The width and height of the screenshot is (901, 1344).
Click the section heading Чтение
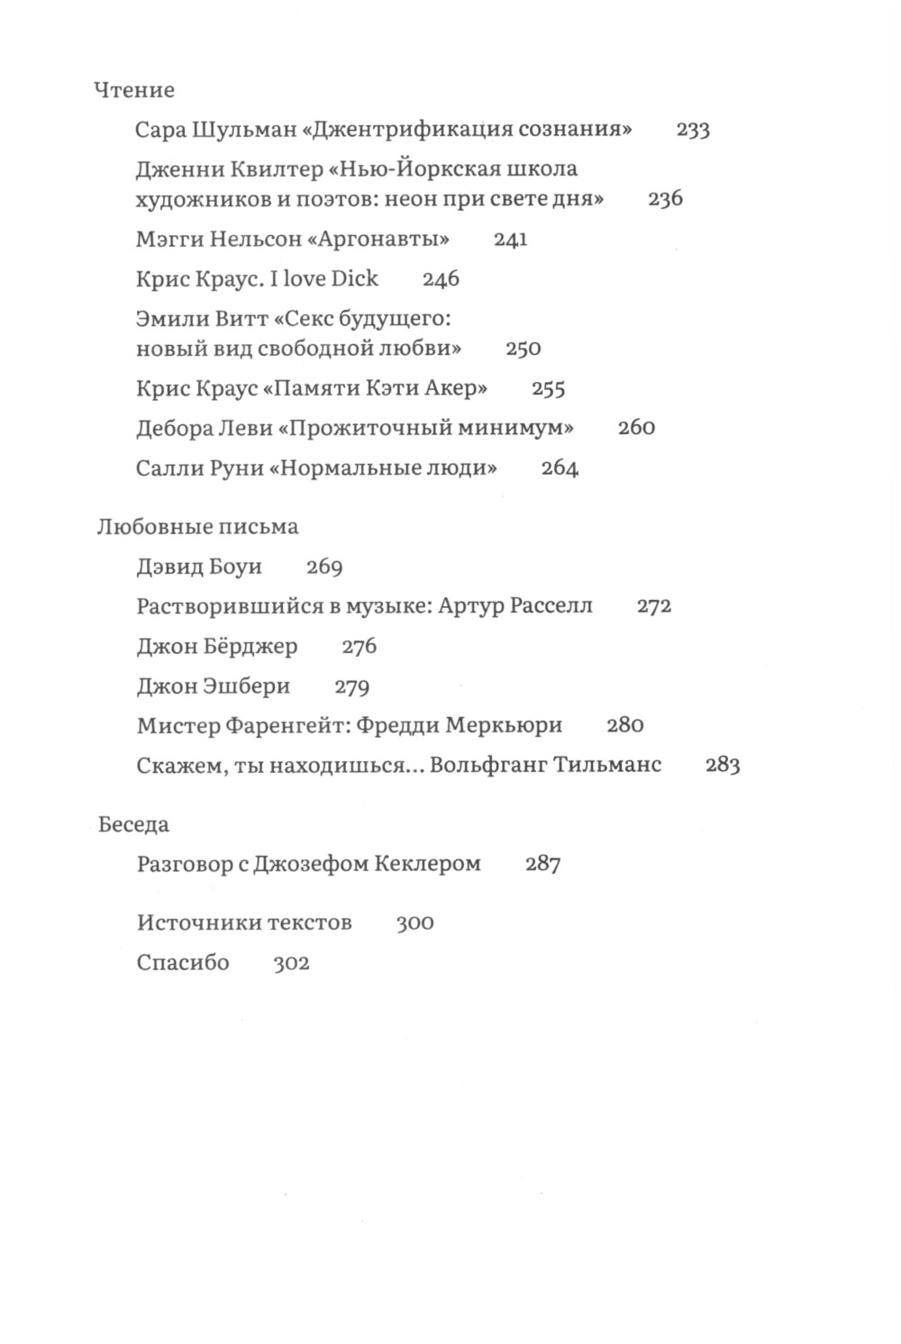pos(134,90)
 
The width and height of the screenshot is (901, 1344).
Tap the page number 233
pos(693,130)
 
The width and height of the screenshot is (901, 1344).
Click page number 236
pos(665,199)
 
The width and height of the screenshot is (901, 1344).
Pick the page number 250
pos(523,349)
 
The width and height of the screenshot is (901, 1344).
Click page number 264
pos(560,468)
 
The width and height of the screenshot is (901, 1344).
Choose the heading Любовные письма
pos(197,527)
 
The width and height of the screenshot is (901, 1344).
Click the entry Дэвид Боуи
pos(199,567)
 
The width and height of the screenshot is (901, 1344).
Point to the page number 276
pos(359,647)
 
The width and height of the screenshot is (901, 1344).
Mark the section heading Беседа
pos(133,824)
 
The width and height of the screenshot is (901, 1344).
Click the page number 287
pos(542,865)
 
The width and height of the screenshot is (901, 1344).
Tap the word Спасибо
pos(183,963)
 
